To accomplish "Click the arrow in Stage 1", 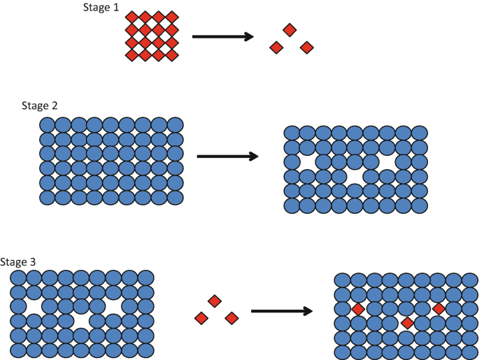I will click(x=222, y=36).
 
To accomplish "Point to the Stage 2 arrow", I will click(x=228, y=157).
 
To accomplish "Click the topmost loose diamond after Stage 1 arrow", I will click(x=289, y=30).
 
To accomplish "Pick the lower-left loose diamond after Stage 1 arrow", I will click(x=276, y=48).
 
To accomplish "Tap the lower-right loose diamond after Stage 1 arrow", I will click(x=306, y=48).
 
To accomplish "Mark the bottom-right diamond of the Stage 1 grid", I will click(x=172, y=56).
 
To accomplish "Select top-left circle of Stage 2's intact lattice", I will click(x=47, y=124).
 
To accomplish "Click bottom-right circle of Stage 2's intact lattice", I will click(x=176, y=197).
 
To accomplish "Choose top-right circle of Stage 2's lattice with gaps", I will click(x=418, y=133).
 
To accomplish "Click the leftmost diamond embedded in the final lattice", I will click(x=357, y=309).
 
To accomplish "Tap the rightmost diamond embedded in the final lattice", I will click(x=438, y=308).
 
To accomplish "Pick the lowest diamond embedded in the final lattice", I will click(x=407, y=323).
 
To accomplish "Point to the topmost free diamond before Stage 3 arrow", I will click(x=215, y=301).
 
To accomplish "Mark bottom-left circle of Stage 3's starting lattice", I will click(x=17, y=350).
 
